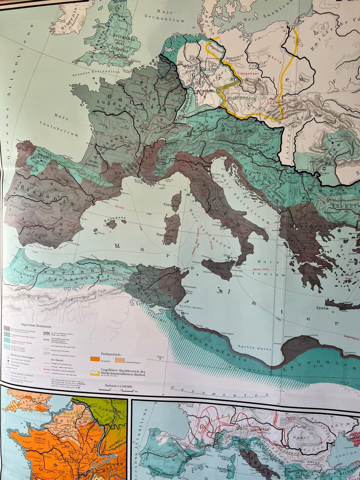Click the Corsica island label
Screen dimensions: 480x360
coord(170,205)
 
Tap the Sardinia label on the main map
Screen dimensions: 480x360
coord(164,237)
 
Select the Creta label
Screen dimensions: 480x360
coord(322,308)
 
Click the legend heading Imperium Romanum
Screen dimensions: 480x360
coord(37,327)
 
